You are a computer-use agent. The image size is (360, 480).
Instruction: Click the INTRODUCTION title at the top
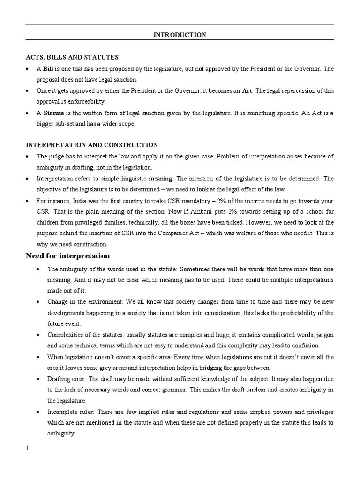point(180,35)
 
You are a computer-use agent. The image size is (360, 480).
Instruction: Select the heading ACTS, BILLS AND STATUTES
point(72,57)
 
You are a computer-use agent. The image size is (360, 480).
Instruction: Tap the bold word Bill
point(48,69)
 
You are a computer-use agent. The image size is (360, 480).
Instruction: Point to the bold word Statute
point(54,113)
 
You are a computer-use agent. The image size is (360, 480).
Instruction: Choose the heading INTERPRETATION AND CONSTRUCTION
point(91,145)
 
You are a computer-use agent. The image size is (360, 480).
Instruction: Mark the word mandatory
point(202,201)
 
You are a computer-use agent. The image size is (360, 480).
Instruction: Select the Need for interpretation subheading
point(67,256)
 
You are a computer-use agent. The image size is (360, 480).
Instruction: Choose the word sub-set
point(66,124)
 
